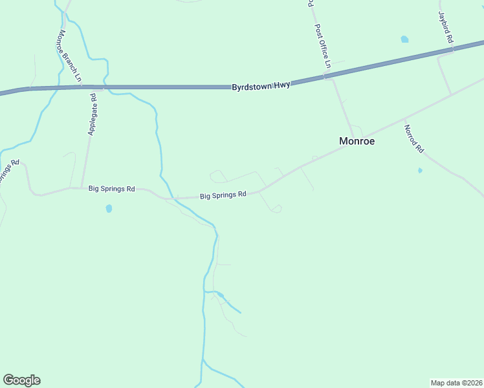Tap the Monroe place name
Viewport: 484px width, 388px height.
[x=357, y=140]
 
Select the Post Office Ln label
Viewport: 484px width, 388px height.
[x=322, y=47]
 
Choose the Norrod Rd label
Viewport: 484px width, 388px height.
[x=413, y=138]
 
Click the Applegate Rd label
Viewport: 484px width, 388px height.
[x=92, y=114]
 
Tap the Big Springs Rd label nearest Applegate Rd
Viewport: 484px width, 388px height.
[x=111, y=189]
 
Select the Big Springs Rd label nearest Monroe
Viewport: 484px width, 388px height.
[x=223, y=195]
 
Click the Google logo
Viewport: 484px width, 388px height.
[x=21, y=380]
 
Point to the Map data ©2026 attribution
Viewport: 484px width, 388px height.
[x=456, y=382]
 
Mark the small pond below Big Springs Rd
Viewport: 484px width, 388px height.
[x=109, y=209]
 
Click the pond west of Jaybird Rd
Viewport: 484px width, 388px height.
[x=404, y=39]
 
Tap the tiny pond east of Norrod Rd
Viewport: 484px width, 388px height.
[x=420, y=171]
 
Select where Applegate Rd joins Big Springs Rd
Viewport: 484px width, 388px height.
[x=80, y=188]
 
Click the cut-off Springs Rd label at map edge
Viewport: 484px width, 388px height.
[x=6, y=171]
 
